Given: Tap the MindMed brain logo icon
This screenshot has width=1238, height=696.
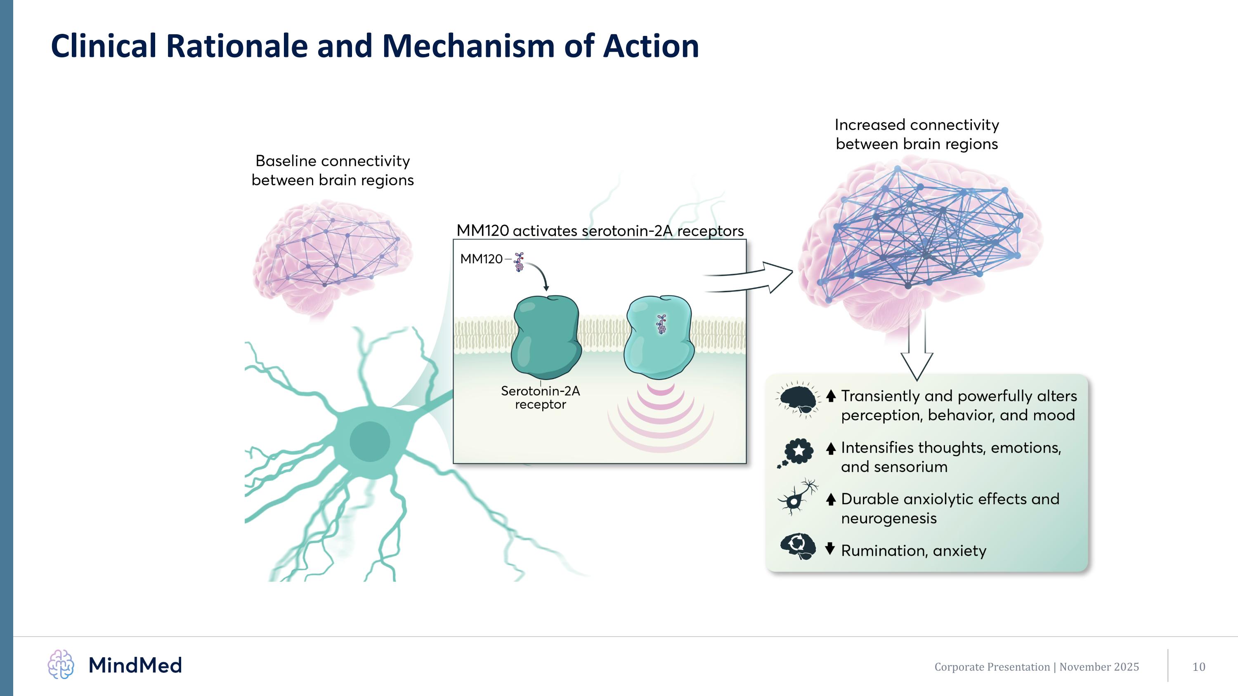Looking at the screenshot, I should pyautogui.click(x=61, y=665).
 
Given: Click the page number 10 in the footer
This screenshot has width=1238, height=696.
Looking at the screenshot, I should pyautogui.click(x=1199, y=667).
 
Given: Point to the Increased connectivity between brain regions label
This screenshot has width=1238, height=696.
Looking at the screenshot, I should pyautogui.click(x=917, y=134).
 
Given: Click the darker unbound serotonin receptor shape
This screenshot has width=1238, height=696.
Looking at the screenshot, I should pyautogui.click(x=546, y=336).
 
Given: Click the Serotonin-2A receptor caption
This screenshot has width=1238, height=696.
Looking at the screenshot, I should pyautogui.click(x=540, y=398).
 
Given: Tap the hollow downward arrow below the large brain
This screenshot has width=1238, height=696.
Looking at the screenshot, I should pyautogui.click(x=917, y=356).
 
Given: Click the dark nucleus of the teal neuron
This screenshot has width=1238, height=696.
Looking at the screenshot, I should pyautogui.click(x=370, y=441).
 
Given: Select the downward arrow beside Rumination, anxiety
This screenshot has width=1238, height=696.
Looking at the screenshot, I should pyautogui.click(x=830, y=549).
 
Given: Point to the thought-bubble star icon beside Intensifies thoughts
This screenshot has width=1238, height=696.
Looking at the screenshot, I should pyautogui.click(x=797, y=451).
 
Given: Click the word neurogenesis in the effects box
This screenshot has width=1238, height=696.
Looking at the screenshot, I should pyautogui.click(x=888, y=518).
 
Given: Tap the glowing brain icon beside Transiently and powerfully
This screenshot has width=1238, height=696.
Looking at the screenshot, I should pyautogui.click(x=798, y=399).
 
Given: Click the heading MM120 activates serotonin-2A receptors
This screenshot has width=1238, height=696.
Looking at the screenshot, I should pyautogui.click(x=600, y=231).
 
